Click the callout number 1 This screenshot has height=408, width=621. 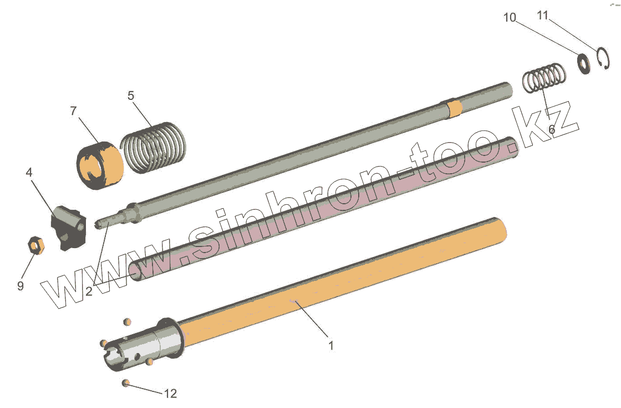pyautogui.click(x=331, y=346)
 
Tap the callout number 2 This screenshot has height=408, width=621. pyautogui.click(x=89, y=291)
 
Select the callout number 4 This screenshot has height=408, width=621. pyautogui.click(x=29, y=173)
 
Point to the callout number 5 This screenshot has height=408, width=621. pyautogui.click(x=131, y=95)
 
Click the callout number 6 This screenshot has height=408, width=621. pyautogui.click(x=552, y=129)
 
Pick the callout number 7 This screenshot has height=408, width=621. pyautogui.click(x=73, y=111)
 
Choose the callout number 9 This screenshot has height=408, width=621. pyautogui.click(x=21, y=285)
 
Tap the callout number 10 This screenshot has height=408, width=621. pyautogui.click(x=510, y=17)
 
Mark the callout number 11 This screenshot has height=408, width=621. pyautogui.click(x=543, y=16)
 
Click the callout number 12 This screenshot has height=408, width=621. pyautogui.click(x=170, y=394)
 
